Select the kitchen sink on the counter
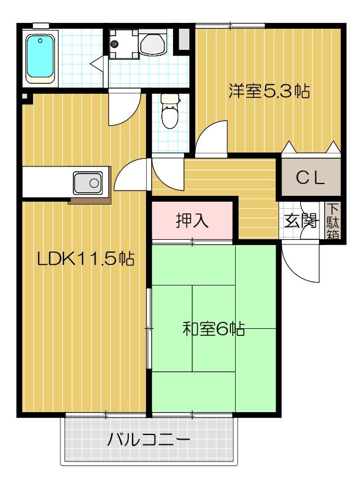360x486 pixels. (88, 182)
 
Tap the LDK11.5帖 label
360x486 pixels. (86, 259)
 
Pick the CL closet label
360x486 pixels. (310, 179)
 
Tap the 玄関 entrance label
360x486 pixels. (300, 222)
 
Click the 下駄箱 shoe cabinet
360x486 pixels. (332, 220)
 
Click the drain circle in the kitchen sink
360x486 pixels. (94, 182)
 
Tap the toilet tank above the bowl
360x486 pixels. (170, 100)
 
